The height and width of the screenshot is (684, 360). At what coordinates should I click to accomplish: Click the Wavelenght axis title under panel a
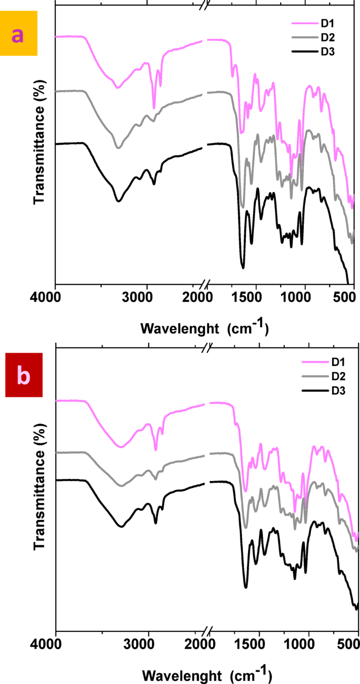[205, 329]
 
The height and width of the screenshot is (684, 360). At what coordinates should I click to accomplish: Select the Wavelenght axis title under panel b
[208, 673]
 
